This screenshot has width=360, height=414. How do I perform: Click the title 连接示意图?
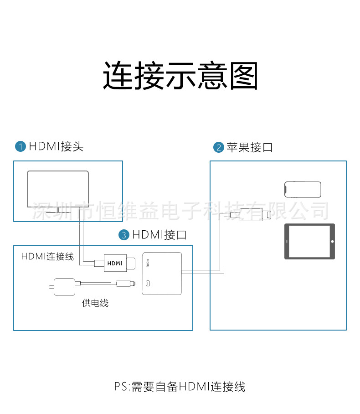[x=180, y=75]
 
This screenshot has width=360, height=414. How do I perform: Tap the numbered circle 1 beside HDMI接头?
[x=21, y=146]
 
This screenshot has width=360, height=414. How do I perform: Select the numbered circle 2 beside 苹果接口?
[x=219, y=147]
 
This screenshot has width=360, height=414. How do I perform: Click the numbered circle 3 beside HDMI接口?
[x=124, y=235]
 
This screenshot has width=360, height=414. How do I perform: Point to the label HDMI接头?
[x=56, y=146]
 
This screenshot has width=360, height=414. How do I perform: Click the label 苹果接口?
[x=249, y=147]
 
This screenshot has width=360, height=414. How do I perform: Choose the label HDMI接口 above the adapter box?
[x=159, y=235]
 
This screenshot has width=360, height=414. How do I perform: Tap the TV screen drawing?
[x=58, y=189]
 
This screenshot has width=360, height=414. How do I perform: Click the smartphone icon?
[x=303, y=189]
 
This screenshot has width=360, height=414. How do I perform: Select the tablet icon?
[x=309, y=241]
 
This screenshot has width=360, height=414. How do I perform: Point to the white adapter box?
[x=162, y=273]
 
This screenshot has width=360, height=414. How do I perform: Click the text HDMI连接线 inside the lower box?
[x=47, y=257]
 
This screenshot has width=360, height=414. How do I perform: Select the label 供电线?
[x=95, y=303]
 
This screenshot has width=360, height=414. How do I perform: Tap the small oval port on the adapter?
[x=148, y=284]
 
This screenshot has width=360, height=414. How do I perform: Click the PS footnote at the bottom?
[x=180, y=387]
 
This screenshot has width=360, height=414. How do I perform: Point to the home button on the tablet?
[x=332, y=241]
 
